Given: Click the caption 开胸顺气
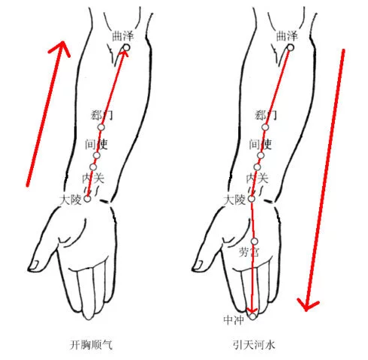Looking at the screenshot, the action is coord(91,345).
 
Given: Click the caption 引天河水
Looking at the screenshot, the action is coord(254,345).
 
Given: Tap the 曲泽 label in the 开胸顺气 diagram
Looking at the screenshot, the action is coord(123,36).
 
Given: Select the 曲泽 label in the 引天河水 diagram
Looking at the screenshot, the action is coord(287,36).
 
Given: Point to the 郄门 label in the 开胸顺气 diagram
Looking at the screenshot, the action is coord(101,115).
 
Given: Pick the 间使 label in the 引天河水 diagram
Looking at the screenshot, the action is coord(261,144).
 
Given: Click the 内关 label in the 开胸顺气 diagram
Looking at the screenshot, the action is coord(93,178).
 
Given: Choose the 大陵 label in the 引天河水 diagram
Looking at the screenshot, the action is coord(234,200).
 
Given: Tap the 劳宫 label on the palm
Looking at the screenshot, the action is coord(249,252).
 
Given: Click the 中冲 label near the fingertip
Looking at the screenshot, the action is coord(234,319).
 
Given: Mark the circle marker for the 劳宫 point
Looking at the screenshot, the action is coord(255,241).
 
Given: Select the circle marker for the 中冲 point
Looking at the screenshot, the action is coord(252,316).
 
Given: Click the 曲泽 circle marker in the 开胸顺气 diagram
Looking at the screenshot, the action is coord(126,47).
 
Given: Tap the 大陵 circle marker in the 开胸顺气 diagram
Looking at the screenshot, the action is coord(87,199).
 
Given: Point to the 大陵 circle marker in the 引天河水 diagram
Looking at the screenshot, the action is coord(252,199).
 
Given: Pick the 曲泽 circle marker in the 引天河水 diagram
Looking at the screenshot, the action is coord(291,47).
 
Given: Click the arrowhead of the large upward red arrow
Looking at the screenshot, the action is coord(62,46).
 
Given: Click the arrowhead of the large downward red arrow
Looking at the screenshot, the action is coord(307,305).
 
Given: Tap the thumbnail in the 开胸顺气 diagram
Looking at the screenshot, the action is coord(35,265).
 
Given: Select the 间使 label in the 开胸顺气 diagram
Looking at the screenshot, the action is coord(96,144).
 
